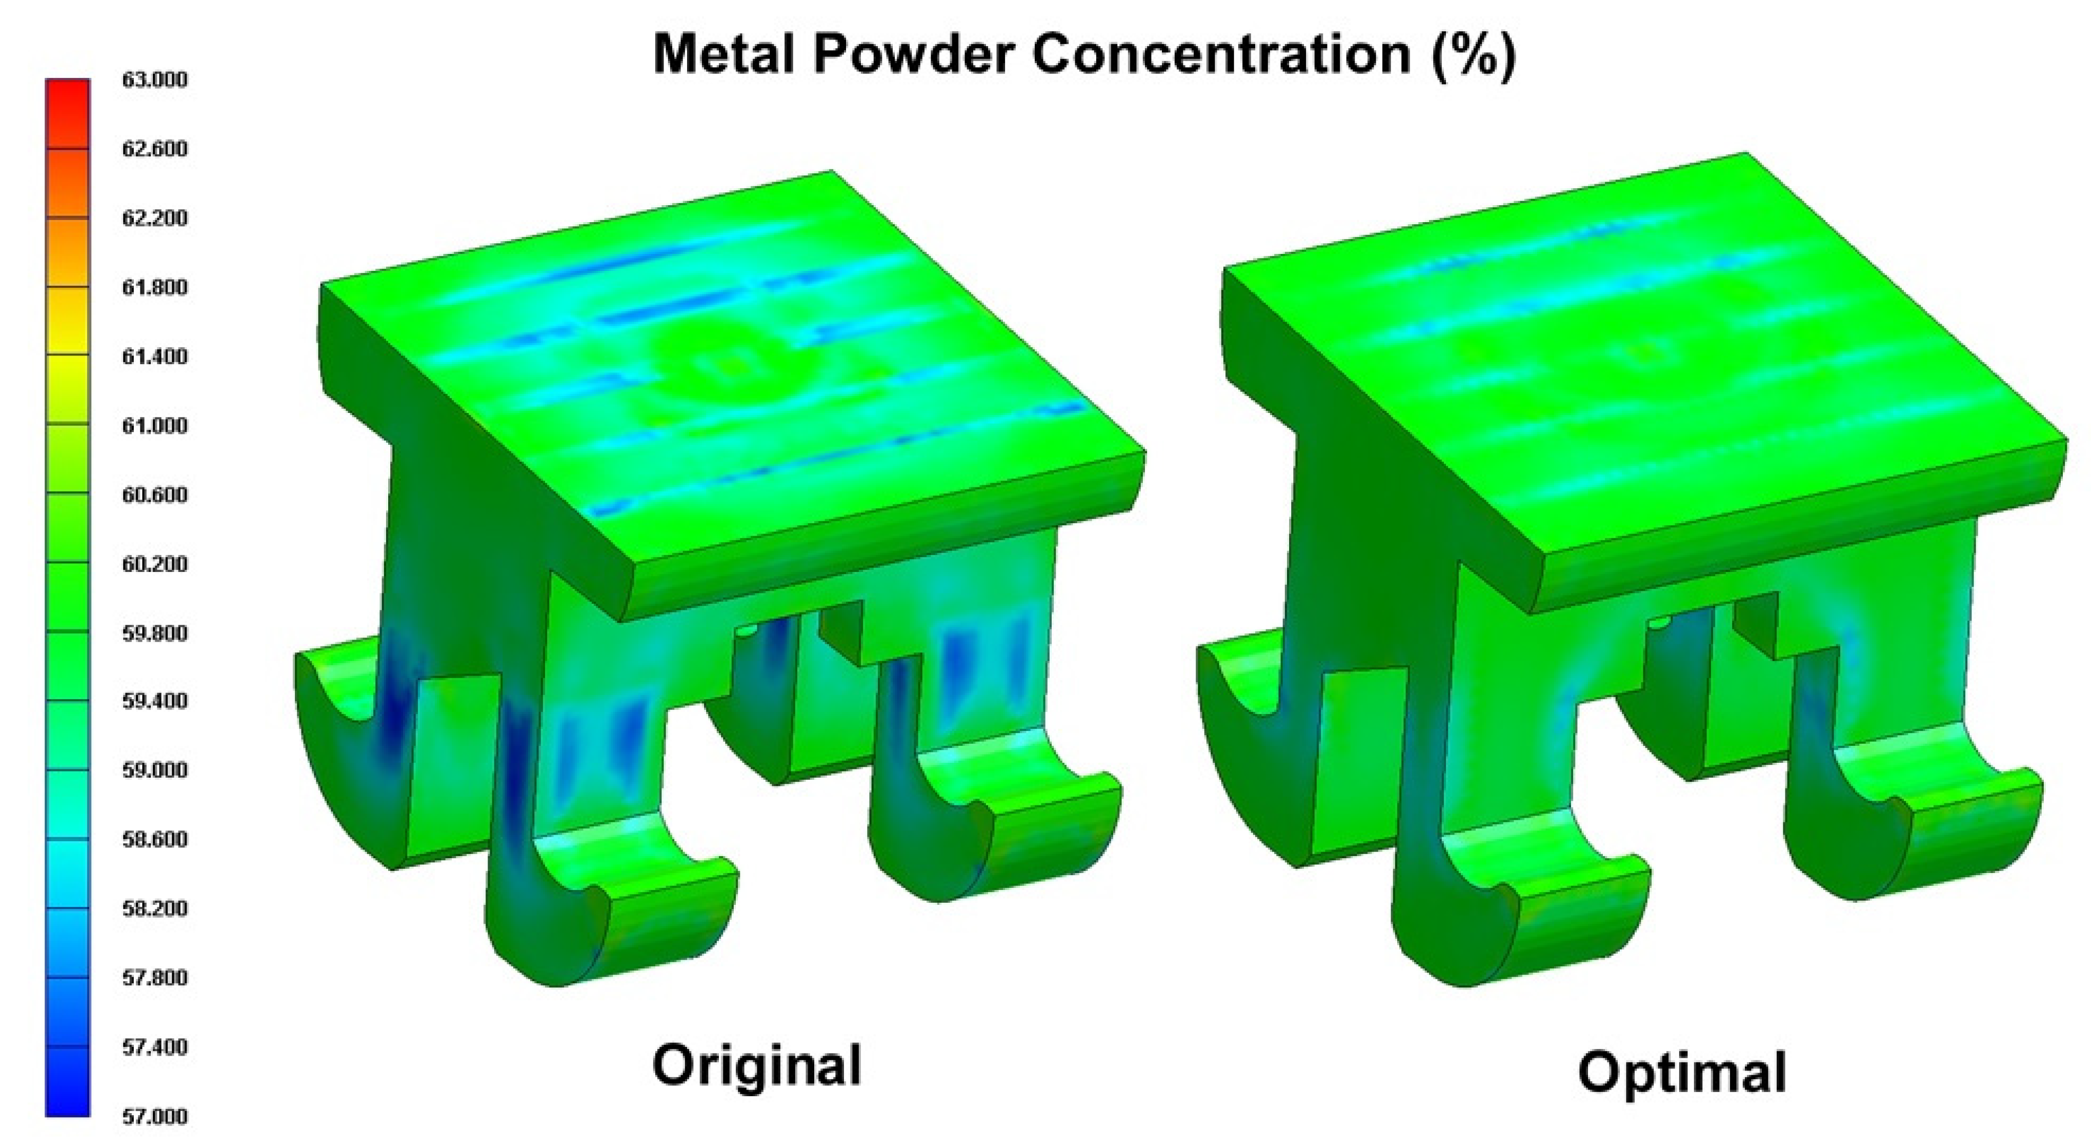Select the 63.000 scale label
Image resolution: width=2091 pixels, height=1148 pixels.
click(x=154, y=80)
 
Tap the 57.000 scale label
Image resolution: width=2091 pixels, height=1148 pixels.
click(x=154, y=1116)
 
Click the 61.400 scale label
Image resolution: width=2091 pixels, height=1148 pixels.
click(x=154, y=355)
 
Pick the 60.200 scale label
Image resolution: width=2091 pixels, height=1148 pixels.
click(x=154, y=563)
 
